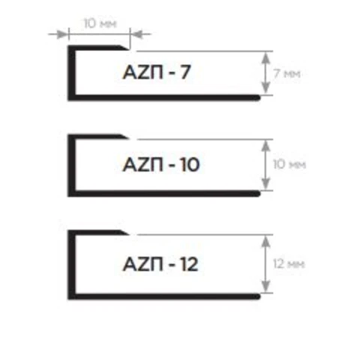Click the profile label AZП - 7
pyautogui.click(x=157, y=72)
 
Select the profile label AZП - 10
pyautogui.click(x=161, y=165)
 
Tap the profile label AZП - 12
pyautogui.click(x=160, y=264)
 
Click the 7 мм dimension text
pyautogui.click(x=286, y=73)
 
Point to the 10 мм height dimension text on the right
pyautogui.click(x=289, y=164)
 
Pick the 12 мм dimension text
pyautogui.click(x=289, y=264)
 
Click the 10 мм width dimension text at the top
pyautogui.click(x=100, y=23)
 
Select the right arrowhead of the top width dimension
pyautogui.click(x=136, y=34)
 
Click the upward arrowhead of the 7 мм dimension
pyautogui.click(x=266, y=57)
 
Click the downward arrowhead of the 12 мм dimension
pyautogui.click(x=266, y=286)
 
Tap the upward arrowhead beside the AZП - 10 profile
pyautogui.click(x=266, y=145)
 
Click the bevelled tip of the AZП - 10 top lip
pyautogui.click(x=127, y=136)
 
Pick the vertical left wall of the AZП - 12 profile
pyautogui.click(x=71, y=265)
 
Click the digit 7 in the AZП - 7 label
pyautogui.click(x=185, y=72)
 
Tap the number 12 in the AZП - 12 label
pyautogui.click(x=189, y=264)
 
